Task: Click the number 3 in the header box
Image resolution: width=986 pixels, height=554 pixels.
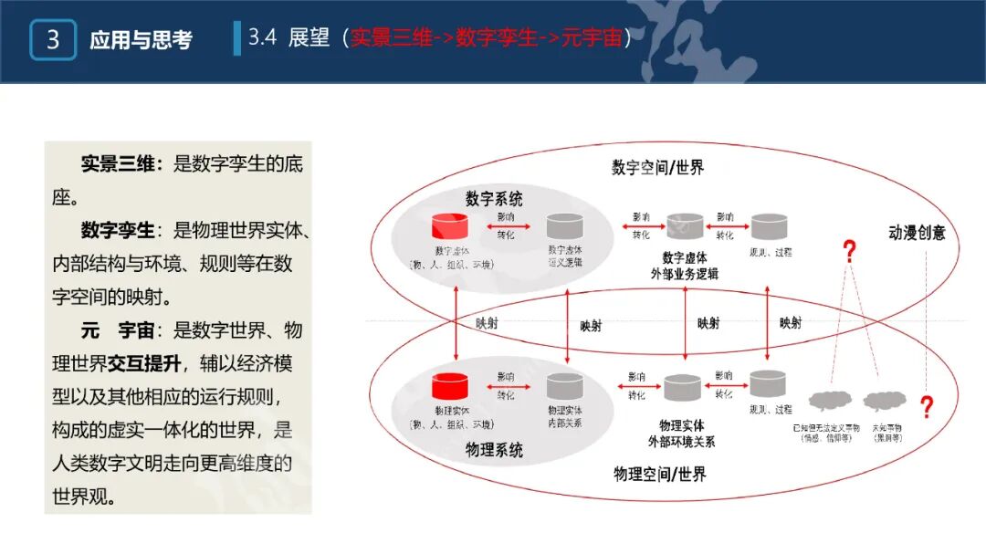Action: [52, 40]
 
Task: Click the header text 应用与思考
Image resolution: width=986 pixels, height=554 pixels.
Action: [141, 40]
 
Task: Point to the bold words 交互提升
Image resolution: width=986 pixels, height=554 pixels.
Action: [143, 363]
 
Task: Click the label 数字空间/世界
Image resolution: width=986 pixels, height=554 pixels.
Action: [657, 167]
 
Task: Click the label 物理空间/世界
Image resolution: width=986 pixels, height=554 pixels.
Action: [660, 473]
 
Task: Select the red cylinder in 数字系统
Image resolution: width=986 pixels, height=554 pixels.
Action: [450, 226]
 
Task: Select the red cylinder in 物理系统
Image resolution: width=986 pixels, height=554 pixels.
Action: [450, 387]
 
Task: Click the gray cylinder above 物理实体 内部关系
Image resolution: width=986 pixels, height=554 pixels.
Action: [564, 386]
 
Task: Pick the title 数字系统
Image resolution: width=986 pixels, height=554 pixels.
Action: [494, 198]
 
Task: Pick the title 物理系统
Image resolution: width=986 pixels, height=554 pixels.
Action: [494, 450]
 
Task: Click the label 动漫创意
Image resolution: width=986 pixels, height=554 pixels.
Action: [917, 233]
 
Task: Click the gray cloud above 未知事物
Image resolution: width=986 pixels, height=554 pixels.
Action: [881, 401]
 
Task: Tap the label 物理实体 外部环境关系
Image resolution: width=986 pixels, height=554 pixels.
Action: [682, 434]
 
